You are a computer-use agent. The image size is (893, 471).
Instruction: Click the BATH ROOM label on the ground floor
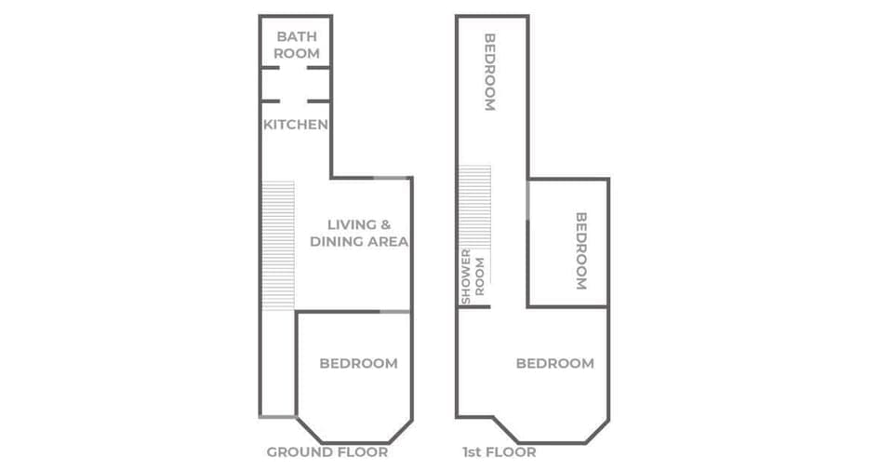pos(296,45)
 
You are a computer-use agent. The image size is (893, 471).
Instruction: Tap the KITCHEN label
pos(295,124)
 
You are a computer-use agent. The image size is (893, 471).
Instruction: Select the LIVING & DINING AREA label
pos(358,233)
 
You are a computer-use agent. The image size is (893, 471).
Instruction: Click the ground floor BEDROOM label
pos(358,363)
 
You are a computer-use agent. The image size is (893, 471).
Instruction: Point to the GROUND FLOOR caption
pos(327,452)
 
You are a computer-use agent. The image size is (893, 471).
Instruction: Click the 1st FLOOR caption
pos(499,452)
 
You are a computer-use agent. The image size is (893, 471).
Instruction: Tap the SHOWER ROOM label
pos(473,276)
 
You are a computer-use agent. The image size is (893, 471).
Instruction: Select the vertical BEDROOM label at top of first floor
pos(489,72)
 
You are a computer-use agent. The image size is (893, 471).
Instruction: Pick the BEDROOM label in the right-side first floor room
pos(581,250)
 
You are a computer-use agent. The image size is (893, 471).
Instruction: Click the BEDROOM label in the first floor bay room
pos(554,363)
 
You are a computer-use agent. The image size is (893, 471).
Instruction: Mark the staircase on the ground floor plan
pos(277,245)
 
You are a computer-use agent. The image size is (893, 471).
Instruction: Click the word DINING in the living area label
pos(340,242)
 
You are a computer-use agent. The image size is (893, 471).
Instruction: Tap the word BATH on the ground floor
pos(296,36)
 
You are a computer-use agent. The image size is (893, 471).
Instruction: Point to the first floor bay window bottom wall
pos(553,442)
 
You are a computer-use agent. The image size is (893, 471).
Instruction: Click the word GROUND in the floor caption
pos(297,452)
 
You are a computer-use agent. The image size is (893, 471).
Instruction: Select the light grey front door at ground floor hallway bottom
pos(277,416)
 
